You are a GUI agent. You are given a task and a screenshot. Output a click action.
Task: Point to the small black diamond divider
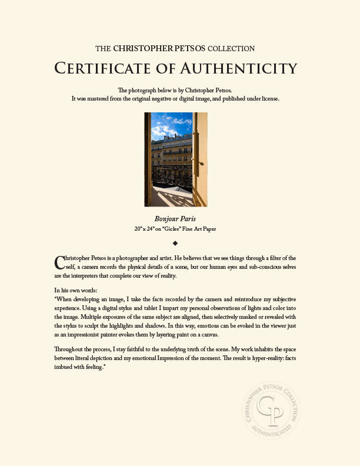(x=175, y=242)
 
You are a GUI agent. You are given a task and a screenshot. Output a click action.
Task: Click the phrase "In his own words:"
(x=75, y=290)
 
